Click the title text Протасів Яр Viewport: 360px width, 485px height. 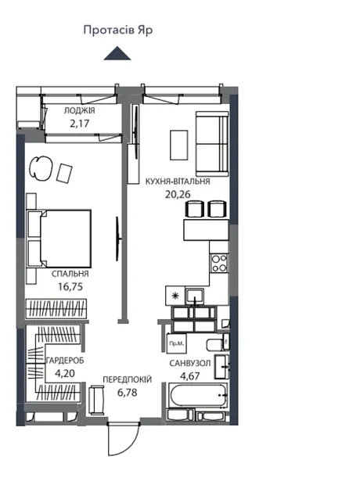click(118, 31)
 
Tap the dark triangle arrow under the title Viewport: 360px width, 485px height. click(117, 53)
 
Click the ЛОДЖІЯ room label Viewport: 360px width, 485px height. click(79, 110)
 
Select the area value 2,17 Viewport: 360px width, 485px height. click(79, 124)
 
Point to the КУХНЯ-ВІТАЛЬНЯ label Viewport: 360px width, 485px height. click(178, 181)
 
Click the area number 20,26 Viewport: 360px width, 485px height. click(178, 195)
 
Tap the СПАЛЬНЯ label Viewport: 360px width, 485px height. click(70, 274)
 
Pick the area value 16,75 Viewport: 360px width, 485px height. click(70, 287)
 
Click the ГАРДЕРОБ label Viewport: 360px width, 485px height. click(65, 361)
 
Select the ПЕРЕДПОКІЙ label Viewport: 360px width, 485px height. click(128, 379)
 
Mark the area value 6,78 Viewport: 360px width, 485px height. click(128, 393)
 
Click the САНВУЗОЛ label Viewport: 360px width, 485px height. click(190, 363)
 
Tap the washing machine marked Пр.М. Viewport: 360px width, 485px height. click(176, 343)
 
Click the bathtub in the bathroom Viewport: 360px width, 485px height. click(198, 395)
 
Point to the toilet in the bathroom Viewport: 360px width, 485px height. click(217, 344)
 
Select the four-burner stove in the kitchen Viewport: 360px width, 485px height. click(219, 263)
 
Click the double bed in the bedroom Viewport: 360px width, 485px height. click(59, 239)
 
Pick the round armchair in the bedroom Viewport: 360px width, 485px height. click(41, 168)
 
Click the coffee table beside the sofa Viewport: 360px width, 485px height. click(179, 145)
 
